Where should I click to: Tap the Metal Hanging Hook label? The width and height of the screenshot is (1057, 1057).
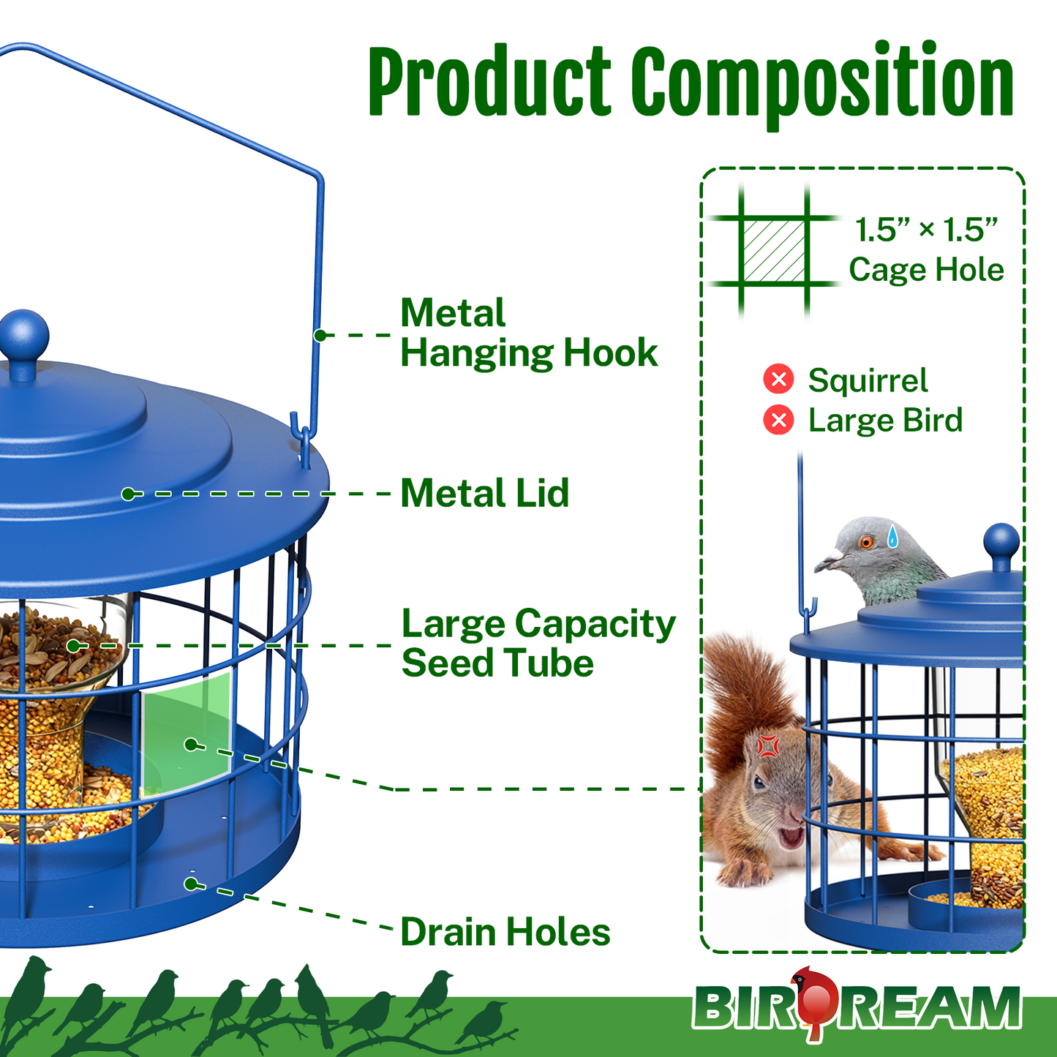[x=528, y=333]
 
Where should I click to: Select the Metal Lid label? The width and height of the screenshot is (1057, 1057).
[x=484, y=493]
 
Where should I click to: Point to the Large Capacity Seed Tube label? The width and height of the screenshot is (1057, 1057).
[x=538, y=643]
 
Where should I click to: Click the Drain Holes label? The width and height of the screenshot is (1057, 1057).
[x=505, y=932]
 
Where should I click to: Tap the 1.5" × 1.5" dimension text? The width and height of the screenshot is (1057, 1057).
[x=926, y=230]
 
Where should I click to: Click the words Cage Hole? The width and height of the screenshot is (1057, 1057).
[x=926, y=270]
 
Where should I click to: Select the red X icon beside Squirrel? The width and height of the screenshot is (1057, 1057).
[x=778, y=379]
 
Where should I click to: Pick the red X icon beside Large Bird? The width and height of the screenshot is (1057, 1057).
[x=778, y=420]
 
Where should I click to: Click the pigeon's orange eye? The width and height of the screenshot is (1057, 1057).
[x=867, y=542]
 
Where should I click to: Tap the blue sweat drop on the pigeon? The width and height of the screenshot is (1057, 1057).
[x=892, y=537]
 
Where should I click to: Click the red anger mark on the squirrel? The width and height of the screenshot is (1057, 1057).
[x=768, y=745]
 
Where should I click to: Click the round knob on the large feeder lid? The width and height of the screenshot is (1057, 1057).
[x=23, y=337]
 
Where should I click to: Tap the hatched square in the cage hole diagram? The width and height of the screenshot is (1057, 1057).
[x=774, y=250]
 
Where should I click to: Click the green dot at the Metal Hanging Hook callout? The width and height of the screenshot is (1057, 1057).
[x=320, y=335]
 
